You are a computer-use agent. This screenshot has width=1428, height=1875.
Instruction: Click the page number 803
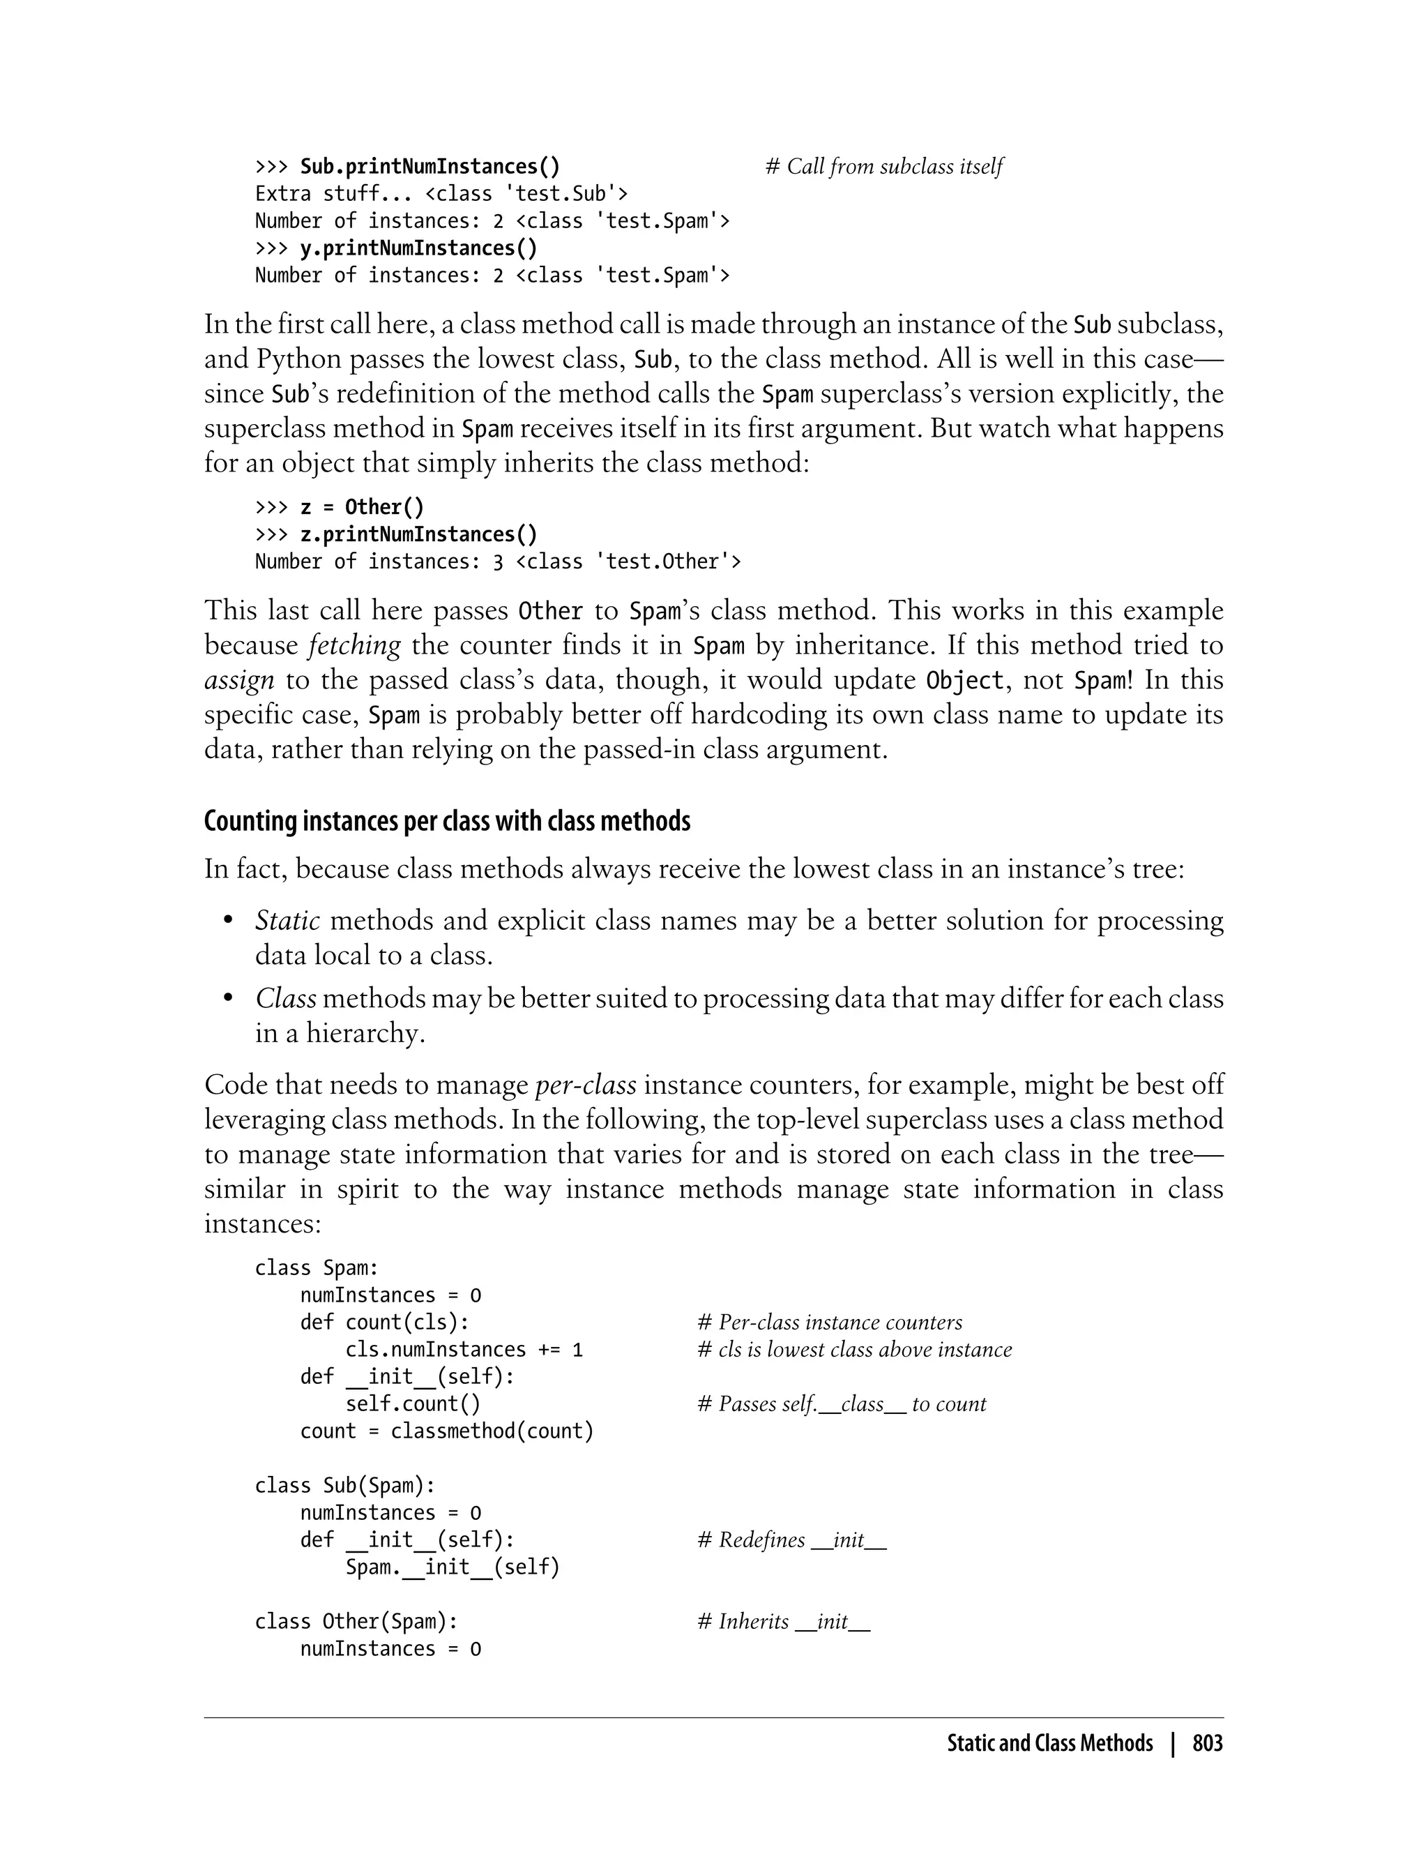(1207, 1743)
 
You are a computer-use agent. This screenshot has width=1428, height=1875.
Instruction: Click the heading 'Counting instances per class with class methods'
(447, 822)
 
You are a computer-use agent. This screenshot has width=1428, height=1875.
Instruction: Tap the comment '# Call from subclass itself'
(884, 167)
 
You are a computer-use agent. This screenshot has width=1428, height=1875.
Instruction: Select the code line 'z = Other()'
(361, 508)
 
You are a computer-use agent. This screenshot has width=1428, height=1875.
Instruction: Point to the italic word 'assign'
(239, 680)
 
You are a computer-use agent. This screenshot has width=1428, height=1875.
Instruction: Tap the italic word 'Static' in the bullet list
(287, 921)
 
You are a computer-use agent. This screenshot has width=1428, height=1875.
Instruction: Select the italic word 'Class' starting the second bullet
(286, 998)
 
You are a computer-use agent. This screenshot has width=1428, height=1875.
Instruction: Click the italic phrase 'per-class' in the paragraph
(586, 1085)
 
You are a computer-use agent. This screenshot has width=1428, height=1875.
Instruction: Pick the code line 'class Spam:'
(316, 1268)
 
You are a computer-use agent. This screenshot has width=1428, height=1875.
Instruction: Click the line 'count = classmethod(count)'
(446, 1431)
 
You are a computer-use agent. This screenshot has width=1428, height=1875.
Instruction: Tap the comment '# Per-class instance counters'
(830, 1323)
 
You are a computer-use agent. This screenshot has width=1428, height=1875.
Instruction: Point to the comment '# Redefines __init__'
(791, 1540)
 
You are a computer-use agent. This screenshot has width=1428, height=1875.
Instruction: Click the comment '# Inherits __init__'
(783, 1622)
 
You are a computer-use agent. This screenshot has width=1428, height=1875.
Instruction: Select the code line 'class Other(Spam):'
(356, 1622)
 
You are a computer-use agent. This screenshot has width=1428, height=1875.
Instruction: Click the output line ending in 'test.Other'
(497, 562)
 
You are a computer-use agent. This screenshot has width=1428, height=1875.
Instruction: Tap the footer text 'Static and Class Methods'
(1050, 1743)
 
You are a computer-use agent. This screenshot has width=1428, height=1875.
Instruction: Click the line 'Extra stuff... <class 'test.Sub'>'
(441, 194)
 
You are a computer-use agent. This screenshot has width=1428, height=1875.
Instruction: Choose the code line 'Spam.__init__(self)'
(453, 1567)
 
